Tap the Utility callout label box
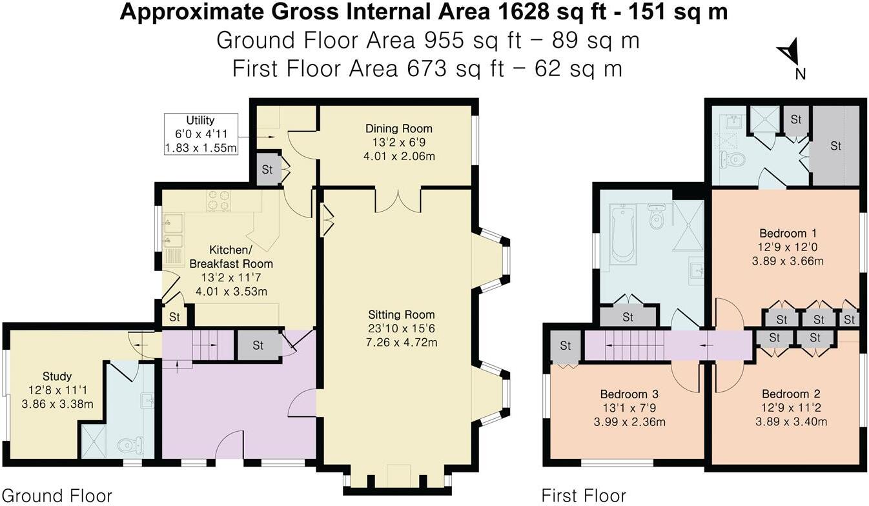[x=200, y=134]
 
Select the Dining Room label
[x=398, y=128]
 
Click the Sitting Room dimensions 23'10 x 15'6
[x=402, y=329]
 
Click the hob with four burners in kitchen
[x=219, y=201]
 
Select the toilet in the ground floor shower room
[x=129, y=445]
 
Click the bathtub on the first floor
[x=622, y=234]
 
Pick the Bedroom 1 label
[x=783, y=233]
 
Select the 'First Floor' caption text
[x=583, y=496]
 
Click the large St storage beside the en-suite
[x=835, y=146]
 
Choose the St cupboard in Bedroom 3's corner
[x=565, y=346]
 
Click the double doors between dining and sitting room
[x=398, y=200]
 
